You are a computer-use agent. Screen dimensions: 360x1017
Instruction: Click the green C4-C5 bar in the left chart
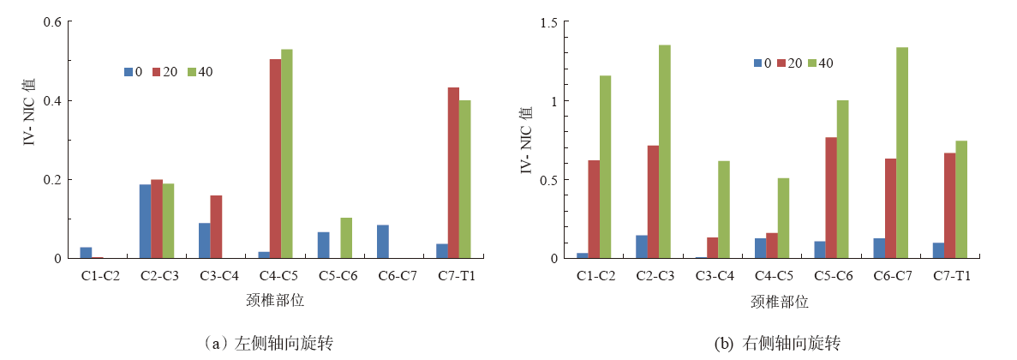click(x=286, y=154)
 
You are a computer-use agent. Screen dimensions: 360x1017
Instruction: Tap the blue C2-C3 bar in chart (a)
click(x=145, y=221)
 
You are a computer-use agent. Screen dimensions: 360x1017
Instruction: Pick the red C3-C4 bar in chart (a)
click(x=216, y=227)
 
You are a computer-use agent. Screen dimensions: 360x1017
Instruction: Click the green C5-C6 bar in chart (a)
click(x=346, y=238)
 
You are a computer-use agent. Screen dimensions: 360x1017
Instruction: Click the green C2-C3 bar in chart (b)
click(x=665, y=152)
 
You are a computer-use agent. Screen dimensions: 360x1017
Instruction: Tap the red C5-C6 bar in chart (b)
click(x=831, y=198)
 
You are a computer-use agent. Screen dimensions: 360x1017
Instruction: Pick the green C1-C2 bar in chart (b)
click(x=605, y=167)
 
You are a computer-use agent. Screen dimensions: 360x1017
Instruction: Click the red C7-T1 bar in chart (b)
click(x=949, y=206)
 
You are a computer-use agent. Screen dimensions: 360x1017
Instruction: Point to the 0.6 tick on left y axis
click(x=53, y=22)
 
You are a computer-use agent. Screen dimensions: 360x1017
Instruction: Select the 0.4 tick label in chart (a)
click(x=53, y=101)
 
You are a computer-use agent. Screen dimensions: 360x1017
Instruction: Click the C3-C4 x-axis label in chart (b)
click(x=715, y=276)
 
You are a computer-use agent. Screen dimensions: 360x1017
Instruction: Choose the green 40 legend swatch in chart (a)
click(x=193, y=72)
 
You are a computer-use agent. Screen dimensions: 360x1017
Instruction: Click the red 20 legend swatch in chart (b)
click(x=781, y=63)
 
